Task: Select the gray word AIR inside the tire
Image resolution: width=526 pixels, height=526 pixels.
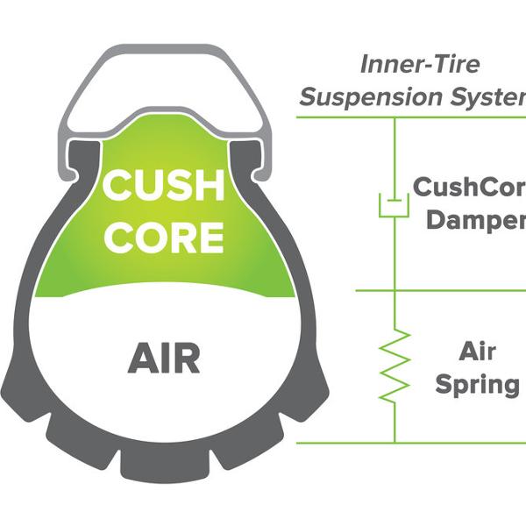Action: (x=164, y=357)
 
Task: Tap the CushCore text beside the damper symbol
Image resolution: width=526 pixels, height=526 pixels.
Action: (x=468, y=188)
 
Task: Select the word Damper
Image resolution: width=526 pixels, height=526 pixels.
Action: (x=474, y=219)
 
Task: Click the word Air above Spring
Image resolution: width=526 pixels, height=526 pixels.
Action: (x=479, y=352)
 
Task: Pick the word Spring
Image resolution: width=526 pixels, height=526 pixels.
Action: (x=479, y=385)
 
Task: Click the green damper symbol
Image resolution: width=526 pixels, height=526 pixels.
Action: (x=394, y=206)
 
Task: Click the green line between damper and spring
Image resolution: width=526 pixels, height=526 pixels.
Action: (x=438, y=290)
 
